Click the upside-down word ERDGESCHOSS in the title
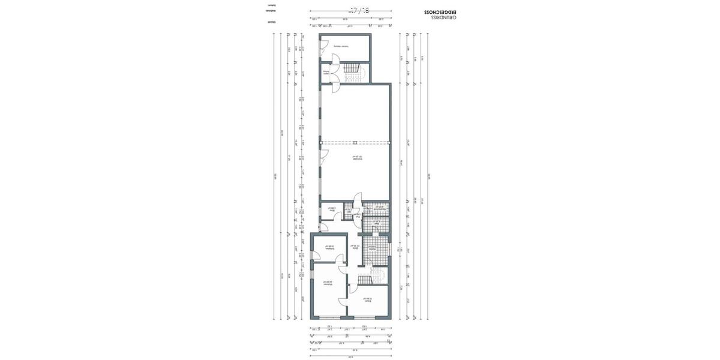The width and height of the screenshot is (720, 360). (x=440, y=12)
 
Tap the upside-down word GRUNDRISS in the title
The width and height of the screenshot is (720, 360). (x=443, y=19)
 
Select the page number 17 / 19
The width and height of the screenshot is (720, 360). (x=359, y=10)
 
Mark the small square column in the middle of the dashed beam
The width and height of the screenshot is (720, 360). (x=355, y=142)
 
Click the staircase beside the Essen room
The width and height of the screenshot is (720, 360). (x=367, y=279)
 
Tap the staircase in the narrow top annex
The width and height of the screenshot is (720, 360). (x=355, y=72)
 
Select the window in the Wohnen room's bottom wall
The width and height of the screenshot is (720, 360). (x=327, y=317)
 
